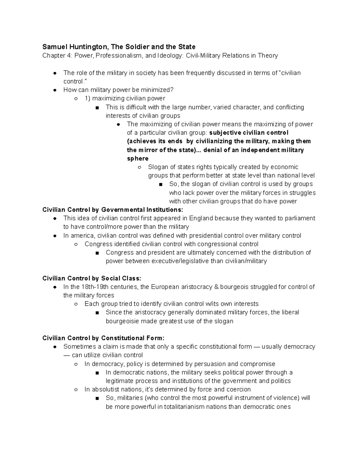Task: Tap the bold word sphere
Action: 138,158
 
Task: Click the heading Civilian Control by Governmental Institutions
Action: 112,209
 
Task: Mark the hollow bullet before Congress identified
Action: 76,244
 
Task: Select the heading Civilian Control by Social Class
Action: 91,278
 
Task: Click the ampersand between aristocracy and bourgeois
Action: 216,287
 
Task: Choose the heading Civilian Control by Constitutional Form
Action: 103,338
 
